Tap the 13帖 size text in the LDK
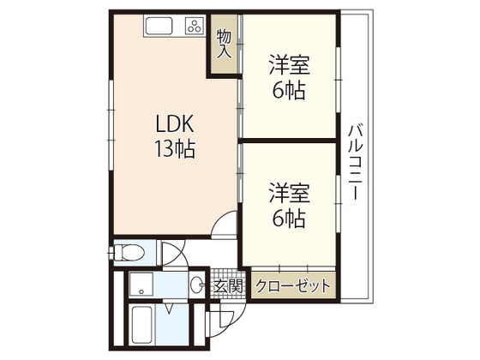click(x=175, y=151)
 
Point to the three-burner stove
click(x=194, y=26)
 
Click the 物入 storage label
click(x=225, y=44)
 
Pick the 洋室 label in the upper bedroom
click(x=290, y=65)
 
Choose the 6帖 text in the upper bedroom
click(x=290, y=89)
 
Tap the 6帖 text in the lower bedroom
click(x=290, y=219)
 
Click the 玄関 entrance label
click(x=229, y=286)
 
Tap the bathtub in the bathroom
click(x=142, y=324)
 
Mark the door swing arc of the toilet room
click(x=172, y=255)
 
